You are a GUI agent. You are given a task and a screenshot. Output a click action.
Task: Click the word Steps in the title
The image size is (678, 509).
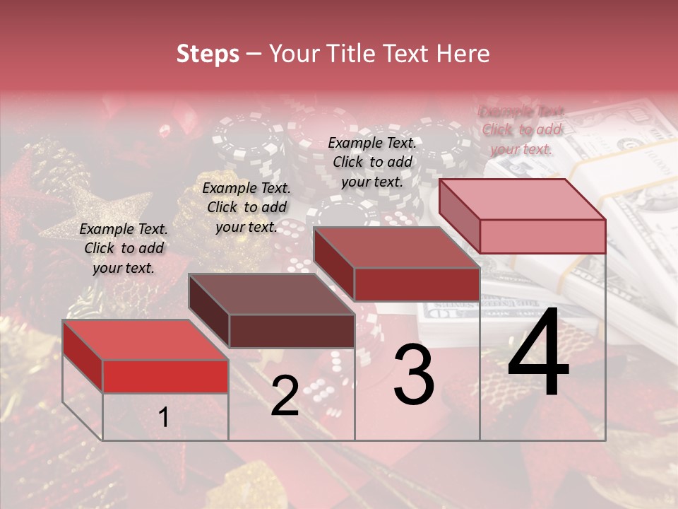pos(208,54)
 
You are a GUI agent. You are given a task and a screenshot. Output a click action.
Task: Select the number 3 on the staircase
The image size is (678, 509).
pos(414,374)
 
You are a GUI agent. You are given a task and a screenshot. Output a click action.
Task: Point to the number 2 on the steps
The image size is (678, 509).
pos(285,396)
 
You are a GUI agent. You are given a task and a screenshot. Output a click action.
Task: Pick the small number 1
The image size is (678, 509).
pos(164,418)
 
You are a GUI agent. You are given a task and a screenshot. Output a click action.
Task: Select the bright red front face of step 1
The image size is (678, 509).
pos(165,376)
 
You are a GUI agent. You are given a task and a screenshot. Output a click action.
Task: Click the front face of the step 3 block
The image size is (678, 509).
pos(417,284)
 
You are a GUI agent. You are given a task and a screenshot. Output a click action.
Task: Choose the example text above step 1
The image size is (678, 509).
pos(124,248)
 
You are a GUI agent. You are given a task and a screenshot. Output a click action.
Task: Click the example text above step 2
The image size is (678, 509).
pos(246,207)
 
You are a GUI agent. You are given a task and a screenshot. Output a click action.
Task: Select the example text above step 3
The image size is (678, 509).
pos(372,162)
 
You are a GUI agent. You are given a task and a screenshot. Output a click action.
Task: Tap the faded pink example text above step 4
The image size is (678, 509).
pos(521,130)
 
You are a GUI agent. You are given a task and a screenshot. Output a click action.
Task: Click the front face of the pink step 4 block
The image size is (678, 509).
pos(542,236)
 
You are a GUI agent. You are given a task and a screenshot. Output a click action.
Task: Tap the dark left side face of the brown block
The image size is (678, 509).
pos(209,311)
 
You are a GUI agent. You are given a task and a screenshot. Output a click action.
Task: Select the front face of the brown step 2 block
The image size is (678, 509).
pos(292,331)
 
